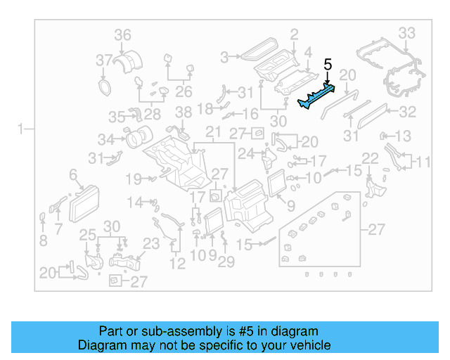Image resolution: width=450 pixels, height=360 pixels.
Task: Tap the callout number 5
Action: pos(328,65)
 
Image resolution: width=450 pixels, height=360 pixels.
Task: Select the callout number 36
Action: pos(122,34)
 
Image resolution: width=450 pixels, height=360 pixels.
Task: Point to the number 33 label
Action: pos(407,33)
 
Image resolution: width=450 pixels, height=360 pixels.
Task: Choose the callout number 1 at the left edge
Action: pos(21,129)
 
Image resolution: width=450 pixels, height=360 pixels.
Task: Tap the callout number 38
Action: pos(183,112)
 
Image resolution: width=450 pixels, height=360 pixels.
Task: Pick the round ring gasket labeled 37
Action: pos(105,86)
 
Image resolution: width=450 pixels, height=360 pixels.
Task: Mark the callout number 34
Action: pos(105,139)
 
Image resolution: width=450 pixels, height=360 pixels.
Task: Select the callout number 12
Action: pos(177,264)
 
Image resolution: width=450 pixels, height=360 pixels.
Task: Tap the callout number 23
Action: pos(151,244)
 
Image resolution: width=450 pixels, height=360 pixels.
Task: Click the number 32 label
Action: pos(408,111)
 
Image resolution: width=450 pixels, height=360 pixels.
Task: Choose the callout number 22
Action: pos(370,157)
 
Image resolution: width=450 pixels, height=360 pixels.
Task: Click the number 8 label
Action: pos(43,240)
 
